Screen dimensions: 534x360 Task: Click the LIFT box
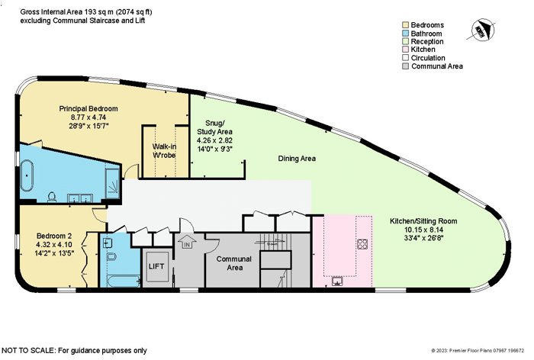(x=156, y=267)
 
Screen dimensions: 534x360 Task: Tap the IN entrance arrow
(x=188, y=242)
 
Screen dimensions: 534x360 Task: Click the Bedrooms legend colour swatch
(x=405, y=25)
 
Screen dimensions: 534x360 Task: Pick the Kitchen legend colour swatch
(x=405, y=50)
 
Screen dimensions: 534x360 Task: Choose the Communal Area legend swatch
(x=405, y=66)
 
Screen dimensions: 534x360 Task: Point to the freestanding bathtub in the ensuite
(x=27, y=176)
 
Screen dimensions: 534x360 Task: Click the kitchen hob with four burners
(x=362, y=243)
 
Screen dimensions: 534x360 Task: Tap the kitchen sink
(x=337, y=281)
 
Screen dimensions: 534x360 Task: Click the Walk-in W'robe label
(x=164, y=151)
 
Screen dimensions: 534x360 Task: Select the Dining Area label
(x=297, y=159)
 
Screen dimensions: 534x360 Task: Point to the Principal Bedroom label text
(x=88, y=108)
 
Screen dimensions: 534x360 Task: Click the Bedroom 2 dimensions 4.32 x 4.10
(x=54, y=244)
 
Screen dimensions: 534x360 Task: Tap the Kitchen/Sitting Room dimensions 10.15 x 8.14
(x=423, y=230)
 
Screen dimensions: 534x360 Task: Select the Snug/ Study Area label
(x=214, y=127)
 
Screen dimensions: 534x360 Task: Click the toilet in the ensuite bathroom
(x=52, y=197)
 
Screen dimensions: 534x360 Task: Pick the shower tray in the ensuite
(x=112, y=184)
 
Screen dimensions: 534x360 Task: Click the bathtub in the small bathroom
(x=124, y=281)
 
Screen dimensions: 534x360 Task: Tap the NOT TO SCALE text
(x=28, y=350)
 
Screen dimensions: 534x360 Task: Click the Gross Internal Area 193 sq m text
(x=67, y=12)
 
